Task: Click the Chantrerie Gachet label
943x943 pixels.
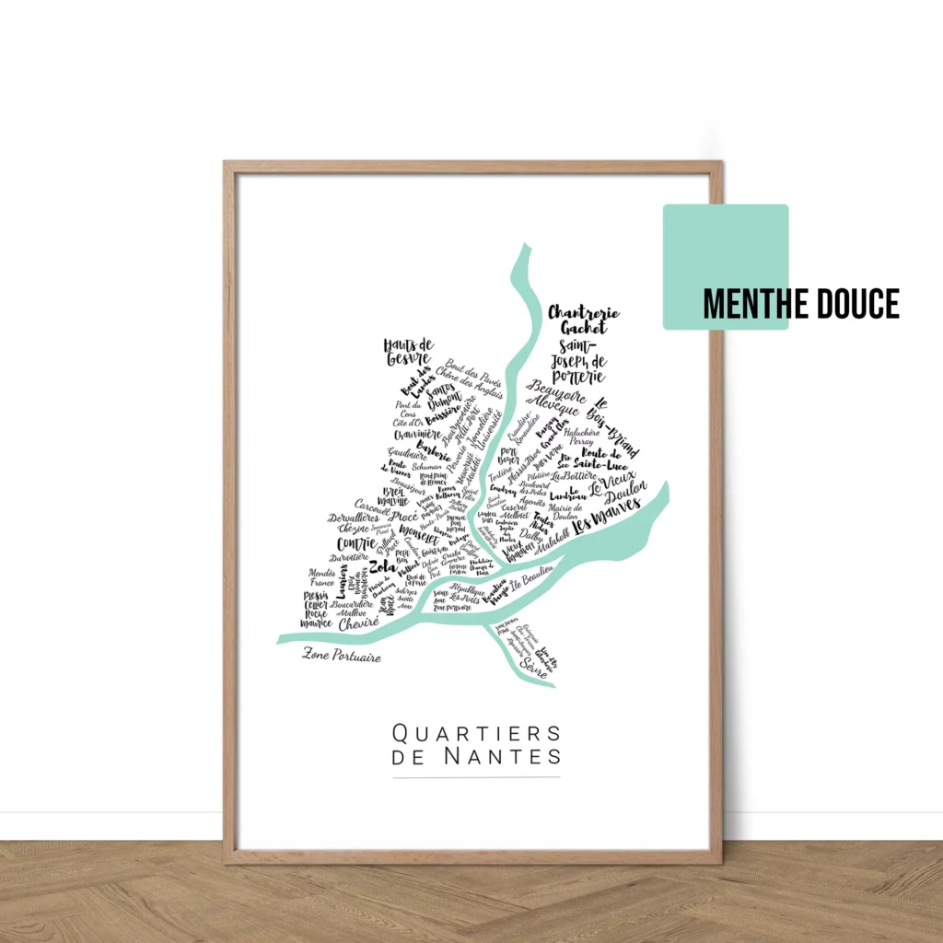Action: point(584,320)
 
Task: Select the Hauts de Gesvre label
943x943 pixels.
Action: point(408,351)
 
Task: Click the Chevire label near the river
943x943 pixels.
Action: point(358,623)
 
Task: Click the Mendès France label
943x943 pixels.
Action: point(322,577)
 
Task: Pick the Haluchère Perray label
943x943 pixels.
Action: point(582,437)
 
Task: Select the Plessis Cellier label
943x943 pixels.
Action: point(316,600)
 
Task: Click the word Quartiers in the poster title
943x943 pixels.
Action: point(476,734)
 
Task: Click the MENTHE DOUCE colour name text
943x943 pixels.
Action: point(800,304)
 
